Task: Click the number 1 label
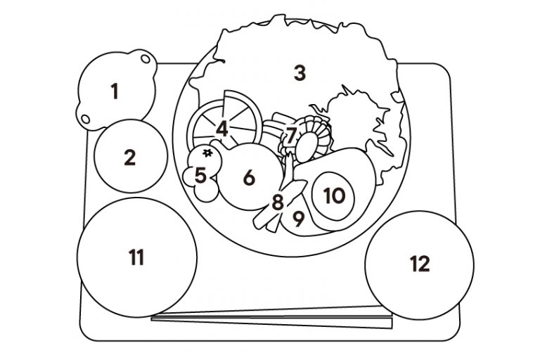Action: point(115,91)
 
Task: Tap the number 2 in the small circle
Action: point(129,157)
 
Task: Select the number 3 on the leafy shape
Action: point(300,72)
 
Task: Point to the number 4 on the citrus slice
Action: point(222,129)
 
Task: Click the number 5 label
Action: point(200,175)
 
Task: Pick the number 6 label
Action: point(249,178)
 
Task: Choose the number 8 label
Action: point(278,202)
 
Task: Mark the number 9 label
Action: point(298,219)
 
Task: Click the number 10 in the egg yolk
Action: point(335,195)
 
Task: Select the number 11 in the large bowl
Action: point(136,257)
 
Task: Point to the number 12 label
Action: point(419,264)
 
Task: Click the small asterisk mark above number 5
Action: point(207,152)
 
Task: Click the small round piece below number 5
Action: point(207,194)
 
